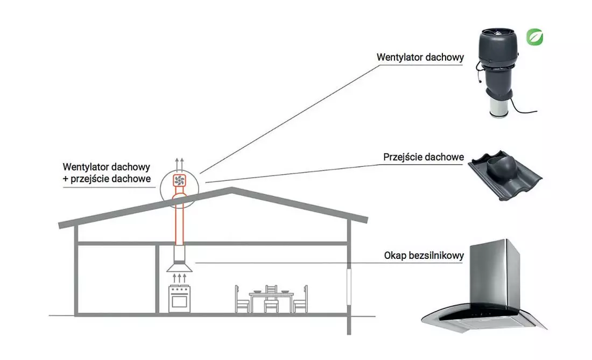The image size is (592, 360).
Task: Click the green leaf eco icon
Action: coord(534,37)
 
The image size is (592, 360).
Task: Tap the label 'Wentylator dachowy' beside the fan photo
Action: coord(420,58)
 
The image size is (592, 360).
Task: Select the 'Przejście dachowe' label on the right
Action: coord(424,157)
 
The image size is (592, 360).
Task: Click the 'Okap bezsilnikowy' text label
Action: coord(424,256)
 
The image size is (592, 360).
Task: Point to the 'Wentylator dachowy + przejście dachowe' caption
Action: coord(107,173)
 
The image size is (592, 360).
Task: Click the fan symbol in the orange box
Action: coord(179,180)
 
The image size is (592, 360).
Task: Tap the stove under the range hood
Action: coord(179,299)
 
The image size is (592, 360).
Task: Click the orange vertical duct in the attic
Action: coord(179,220)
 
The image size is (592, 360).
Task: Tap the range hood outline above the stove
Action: coord(179,259)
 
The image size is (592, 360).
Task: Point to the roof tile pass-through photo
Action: coord(505,176)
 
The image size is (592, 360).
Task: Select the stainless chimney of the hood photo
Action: coord(495,272)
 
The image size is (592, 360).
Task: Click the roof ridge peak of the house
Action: coord(231,189)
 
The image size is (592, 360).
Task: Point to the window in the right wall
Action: coord(349,286)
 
